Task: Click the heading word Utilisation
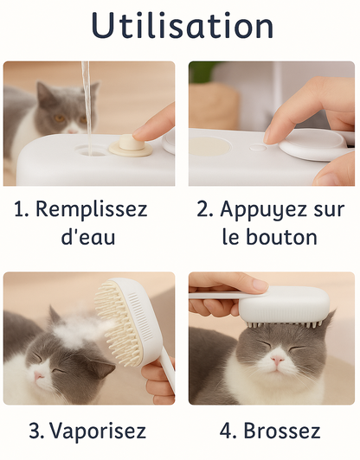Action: click(x=180, y=26)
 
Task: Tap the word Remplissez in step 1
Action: click(x=93, y=209)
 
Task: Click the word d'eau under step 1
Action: click(x=89, y=237)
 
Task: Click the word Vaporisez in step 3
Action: click(x=98, y=431)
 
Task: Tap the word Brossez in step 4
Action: click(x=282, y=431)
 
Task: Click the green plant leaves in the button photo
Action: click(x=202, y=72)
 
